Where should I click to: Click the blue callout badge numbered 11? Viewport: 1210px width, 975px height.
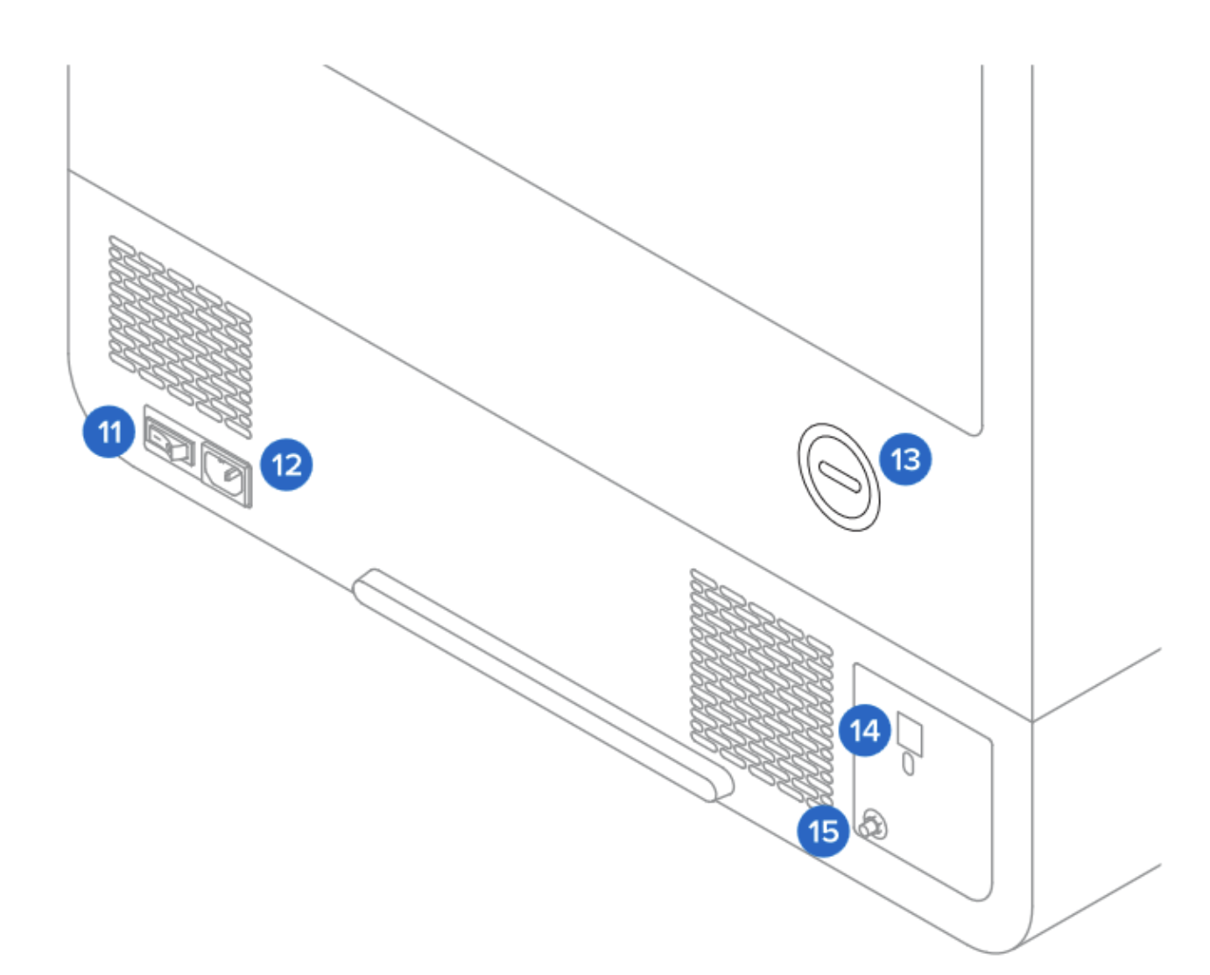(x=109, y=431)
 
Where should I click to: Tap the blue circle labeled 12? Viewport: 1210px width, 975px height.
(x=286, y=464)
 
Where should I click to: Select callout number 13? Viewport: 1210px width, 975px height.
(x=905, y=459)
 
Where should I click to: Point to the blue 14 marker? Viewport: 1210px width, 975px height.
(x=865, y=730)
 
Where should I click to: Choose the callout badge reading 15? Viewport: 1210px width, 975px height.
(x=823, y=831)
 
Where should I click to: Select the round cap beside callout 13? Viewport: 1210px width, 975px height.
(x=839, y=477)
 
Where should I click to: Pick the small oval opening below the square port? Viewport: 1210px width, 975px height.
(x=909, y=765)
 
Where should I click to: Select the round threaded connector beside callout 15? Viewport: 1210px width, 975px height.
(x=873, y=824)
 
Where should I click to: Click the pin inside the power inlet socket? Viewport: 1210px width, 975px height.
(x=229, y=475)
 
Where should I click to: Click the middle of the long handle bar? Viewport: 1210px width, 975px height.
(x=543, y=683)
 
